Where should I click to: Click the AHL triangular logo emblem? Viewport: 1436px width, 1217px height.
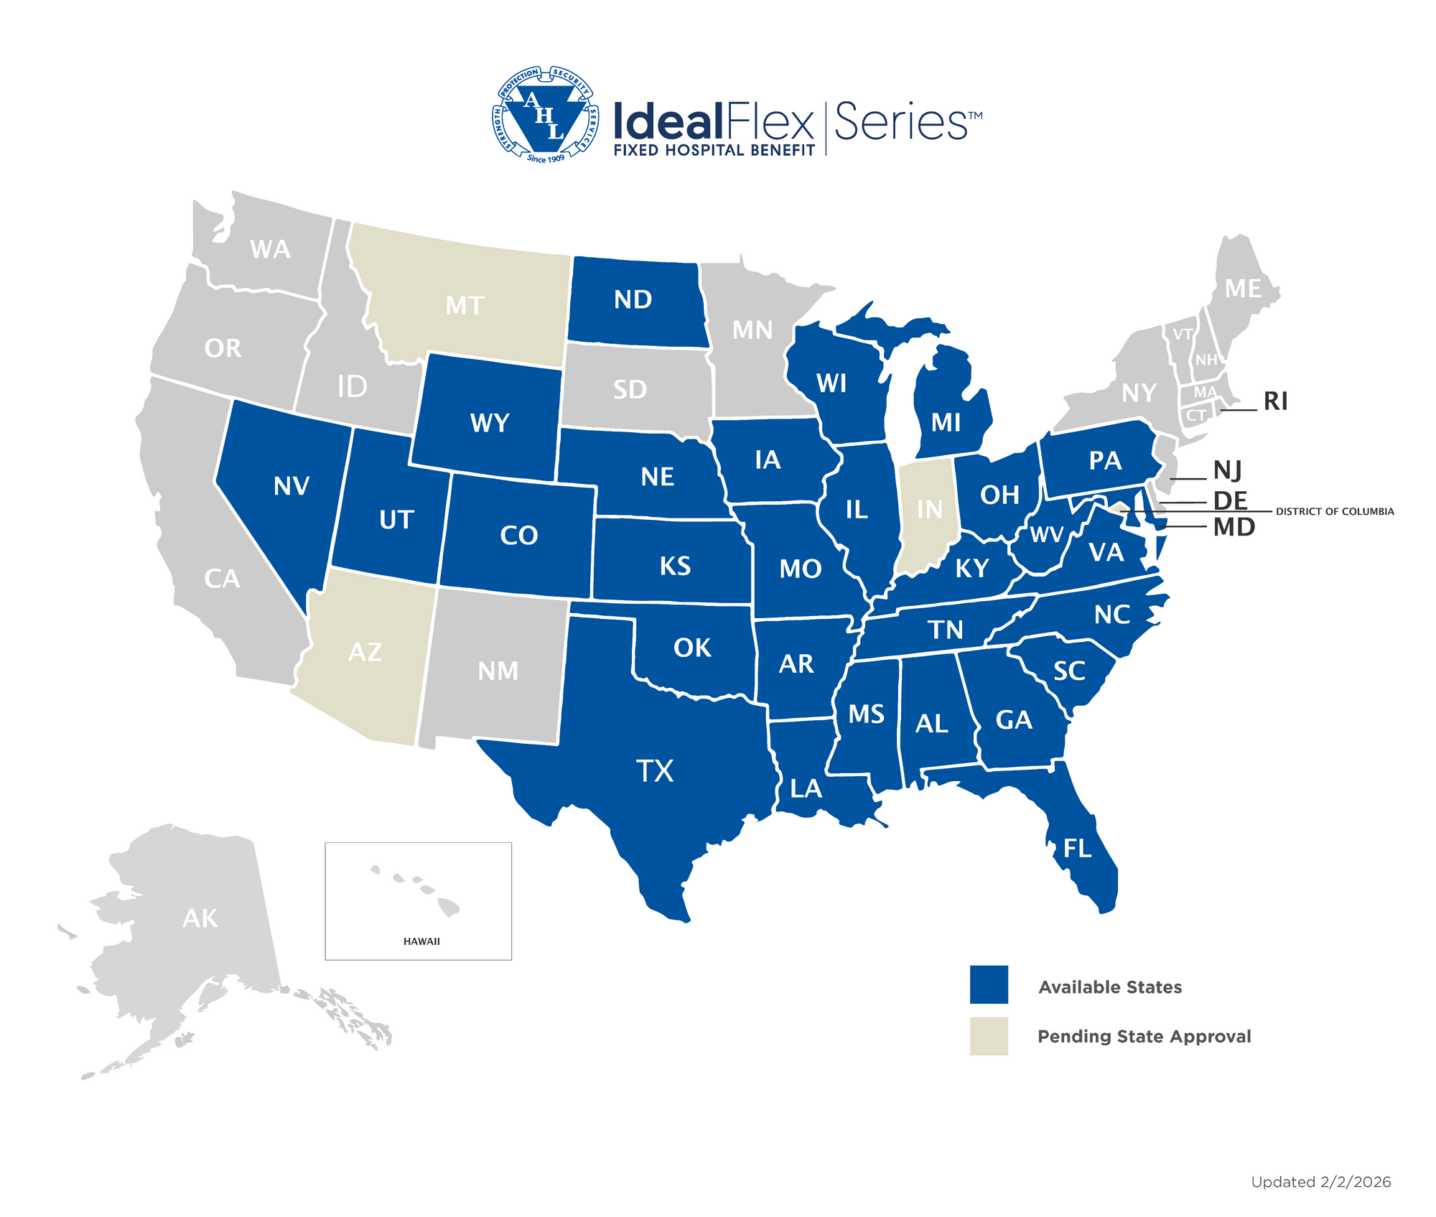click(546, 115)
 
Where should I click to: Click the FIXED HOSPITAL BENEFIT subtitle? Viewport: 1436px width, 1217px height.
click(714, 150)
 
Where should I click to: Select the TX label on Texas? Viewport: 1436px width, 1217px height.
click(655, 771)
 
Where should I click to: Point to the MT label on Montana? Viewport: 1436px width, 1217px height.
click(465, 306)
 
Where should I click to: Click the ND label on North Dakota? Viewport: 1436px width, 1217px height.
click(633, 299)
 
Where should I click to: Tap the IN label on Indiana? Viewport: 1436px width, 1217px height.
click(930, 509)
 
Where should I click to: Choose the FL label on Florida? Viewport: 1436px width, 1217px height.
click(1077, 849)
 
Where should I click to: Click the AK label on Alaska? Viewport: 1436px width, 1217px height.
click(200, 918)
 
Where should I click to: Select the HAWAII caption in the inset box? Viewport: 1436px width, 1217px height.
click(421, 941)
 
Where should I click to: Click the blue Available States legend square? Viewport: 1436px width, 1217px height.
click(989, 984)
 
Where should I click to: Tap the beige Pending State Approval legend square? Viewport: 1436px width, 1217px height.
click(989, 1036)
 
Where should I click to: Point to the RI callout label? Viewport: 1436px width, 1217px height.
click(1275, 401)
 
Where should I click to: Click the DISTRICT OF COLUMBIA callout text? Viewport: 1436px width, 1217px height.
click(1335, 512)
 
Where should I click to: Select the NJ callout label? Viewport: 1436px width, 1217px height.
click(1227, 471)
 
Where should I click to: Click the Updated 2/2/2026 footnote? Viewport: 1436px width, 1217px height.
click(1320, 1182)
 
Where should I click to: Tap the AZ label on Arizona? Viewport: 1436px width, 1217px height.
click(365, 652)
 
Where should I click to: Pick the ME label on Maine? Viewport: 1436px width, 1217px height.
click(1243, 289)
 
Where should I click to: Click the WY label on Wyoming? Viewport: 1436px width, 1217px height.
click(490, 423)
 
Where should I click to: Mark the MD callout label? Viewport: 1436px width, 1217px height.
click(1234, 528)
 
